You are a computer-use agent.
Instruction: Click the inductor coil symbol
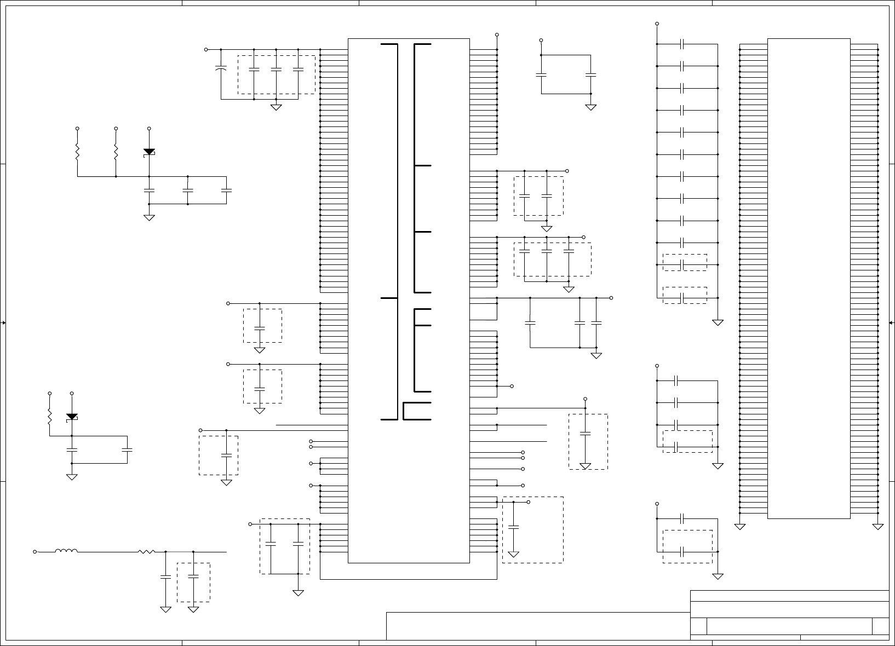click(x=66, y=551)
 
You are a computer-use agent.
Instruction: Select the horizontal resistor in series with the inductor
click(x=147, y=551)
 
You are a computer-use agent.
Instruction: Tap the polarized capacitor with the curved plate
click(x=221, y=69)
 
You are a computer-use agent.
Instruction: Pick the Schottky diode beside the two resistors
click(x=149, y=152)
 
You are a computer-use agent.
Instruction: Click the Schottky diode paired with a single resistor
click(x=72, y=417)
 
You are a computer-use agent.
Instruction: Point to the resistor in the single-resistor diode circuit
click(x=50, y=418)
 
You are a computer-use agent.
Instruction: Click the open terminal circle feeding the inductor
click(x=35, y=552)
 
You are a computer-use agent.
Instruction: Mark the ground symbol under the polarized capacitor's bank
click(x=276, y=107)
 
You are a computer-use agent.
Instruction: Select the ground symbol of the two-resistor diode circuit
click(x=149, y=217)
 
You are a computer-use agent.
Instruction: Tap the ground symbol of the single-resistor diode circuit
click(x=72, y=477)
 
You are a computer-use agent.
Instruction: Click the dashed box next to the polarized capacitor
click(x=276, y=74)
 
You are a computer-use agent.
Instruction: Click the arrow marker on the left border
click(x=4, y=323)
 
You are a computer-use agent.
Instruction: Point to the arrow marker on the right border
click(x=891, y=323)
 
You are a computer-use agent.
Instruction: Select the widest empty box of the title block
click(x=538, y=626)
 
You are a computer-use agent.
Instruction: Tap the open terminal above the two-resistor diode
click(x=149, y=128)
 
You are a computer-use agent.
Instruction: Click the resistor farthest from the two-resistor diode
click(x=77, y=152)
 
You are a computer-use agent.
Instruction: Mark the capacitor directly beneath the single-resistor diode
click(x=72, y=449)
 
